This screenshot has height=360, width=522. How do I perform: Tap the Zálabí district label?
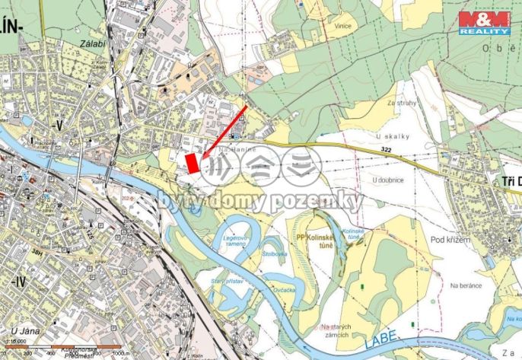91,45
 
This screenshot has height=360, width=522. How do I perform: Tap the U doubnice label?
388,180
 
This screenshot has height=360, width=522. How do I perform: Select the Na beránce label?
466,285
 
